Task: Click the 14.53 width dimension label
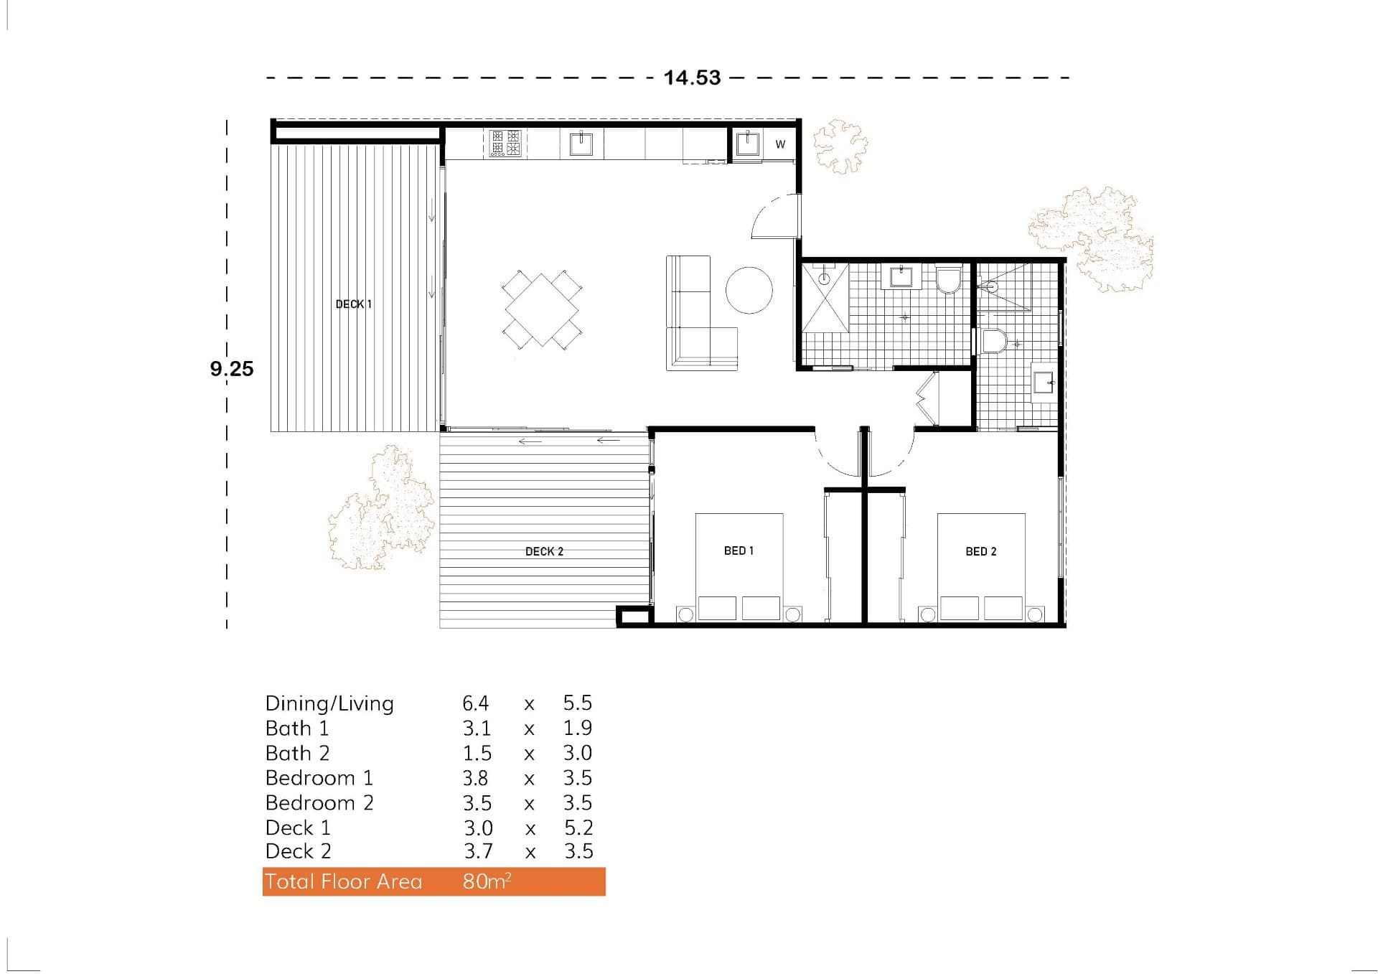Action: [x=692, y=78]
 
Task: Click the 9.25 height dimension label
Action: [x=232, y=369]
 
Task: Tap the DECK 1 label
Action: [x=354, y=304]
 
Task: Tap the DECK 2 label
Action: [x=544, y=551]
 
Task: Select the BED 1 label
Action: [x=739, y=551]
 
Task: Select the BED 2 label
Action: [x=980, y=551]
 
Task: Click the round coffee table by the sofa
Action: [x=749, y=290]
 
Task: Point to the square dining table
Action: [x=542, y=309]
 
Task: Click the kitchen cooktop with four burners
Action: [x=505, y=143]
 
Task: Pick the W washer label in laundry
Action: [x=780, y=144]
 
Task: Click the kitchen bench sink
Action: [x=581, y=144]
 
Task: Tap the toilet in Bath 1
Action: [x=948, y=280]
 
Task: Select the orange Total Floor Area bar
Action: [x=433, y=881]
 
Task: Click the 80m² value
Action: [x=487, y=881]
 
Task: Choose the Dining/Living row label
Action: [x=329, y=703]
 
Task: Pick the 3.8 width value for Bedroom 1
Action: [x=476, y=778]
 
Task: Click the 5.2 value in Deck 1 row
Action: [x=578, y=828]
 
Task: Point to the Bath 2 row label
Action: [x=297, y=753]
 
